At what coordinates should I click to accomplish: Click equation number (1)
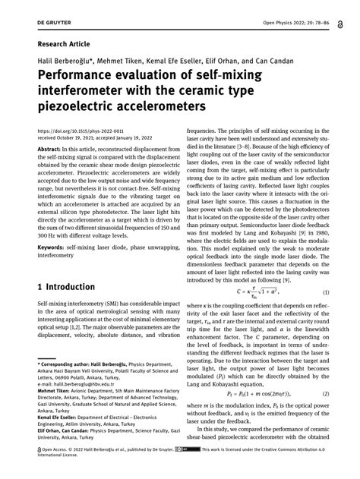325,292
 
